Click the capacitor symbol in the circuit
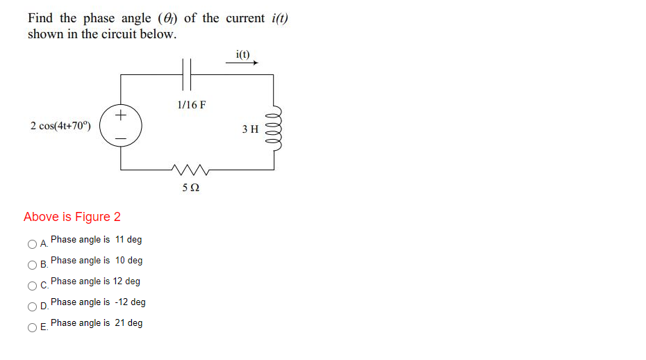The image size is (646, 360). pyautogui.click(x=186, y=74)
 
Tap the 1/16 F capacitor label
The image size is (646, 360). pyautogui.click(x=191, y=105)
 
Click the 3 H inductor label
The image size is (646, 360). pyautogui.click(x=250, y=129)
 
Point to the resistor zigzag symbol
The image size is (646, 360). pyautogui.click(x=189, y=169)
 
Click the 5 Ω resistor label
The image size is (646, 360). pyautogui.click(x=191, y=188)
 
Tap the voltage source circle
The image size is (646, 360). pyautogui.click(x=121, y=126)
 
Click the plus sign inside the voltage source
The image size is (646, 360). pyautogui.click(x=121, y=113)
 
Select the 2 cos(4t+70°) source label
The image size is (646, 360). pyautogui.click(x=60, y=126)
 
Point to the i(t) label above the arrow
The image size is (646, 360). pyautogui.click(x=243, y=54)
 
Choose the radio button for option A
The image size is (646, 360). pyautogui.click(x=32, y=244)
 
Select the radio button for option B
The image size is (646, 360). pyautogui.click(x=32, y=265)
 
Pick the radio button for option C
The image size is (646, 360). pyautogui.click(x=32, y=286)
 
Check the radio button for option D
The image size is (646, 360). pyautogui.click(x=32, y=306)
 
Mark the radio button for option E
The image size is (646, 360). pyautogui.click(x=32, y=327)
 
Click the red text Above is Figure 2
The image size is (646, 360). pyautogui.click(x=72, y=217)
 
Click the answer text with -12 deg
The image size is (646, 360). pyautogui.click(x=98, y=302)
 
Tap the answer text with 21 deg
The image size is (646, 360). pyautogui.click(x=97, y=323)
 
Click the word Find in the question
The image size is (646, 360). pyautogui.click(x=40, y=18)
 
